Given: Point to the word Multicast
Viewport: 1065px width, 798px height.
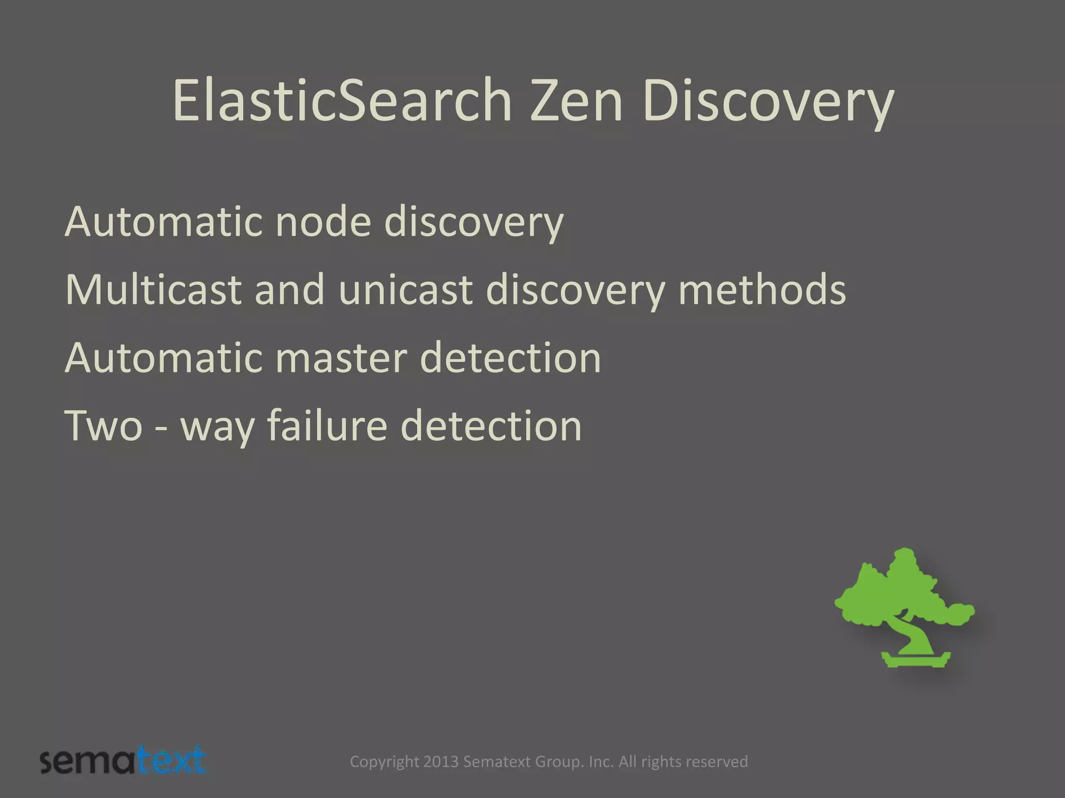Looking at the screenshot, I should pos(153,289).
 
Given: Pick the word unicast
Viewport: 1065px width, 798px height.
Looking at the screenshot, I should pos(406,289).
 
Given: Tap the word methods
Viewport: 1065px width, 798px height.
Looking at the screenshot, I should pos(762,289).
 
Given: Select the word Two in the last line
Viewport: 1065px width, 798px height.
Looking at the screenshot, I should pos(103,426).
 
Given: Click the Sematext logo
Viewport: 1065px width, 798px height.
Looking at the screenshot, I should pos(123,761).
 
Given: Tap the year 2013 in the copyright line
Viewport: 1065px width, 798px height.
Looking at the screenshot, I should pos(440,762).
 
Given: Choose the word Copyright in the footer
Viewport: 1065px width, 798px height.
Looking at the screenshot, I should pos(384,762).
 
